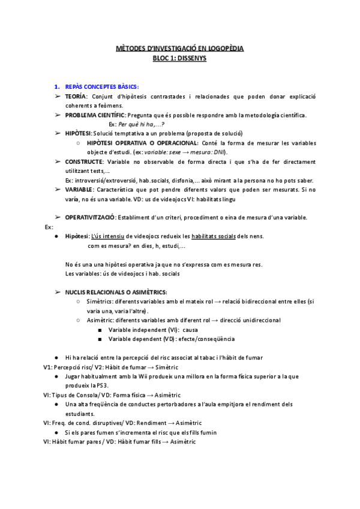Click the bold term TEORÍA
click(x=76, y=97)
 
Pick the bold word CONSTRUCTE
click(x=85, y=162)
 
